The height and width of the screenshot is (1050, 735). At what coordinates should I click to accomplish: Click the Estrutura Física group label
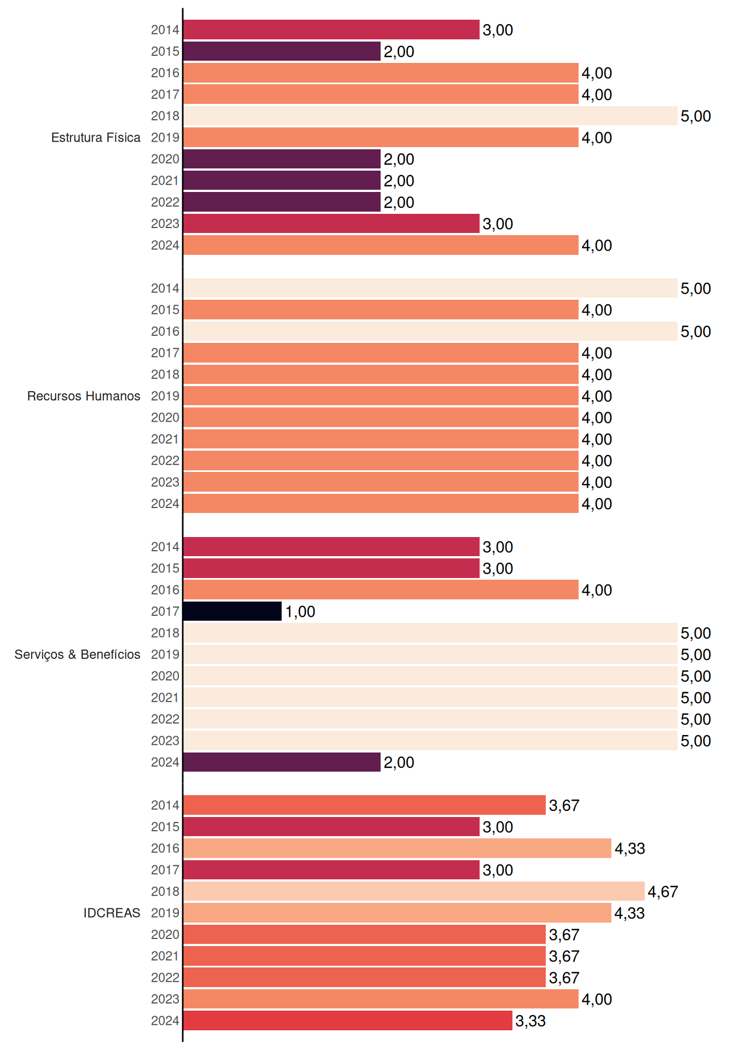click(96, 137)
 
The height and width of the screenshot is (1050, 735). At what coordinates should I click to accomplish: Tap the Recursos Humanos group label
click(84, 396)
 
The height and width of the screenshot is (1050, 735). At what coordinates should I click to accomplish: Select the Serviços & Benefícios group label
click(77, 655)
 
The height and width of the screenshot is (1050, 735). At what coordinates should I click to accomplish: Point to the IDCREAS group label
click(112, 913)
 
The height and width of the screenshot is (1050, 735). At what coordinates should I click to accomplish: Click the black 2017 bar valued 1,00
click(232, 611)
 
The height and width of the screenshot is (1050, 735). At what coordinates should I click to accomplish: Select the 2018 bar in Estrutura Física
click(430, 116)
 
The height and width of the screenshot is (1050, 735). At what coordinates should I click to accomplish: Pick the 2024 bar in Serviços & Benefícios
click(282, 762)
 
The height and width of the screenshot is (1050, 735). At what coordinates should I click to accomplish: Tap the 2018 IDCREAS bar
click(414, 891)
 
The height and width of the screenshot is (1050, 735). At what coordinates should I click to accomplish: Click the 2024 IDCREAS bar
click(348, 1020)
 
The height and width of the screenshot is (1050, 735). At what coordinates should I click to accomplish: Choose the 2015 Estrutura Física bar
click(282, 51)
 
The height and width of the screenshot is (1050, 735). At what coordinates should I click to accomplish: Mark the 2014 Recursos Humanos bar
click(430, 288)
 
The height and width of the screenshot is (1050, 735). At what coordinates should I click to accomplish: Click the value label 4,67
click(663, 892)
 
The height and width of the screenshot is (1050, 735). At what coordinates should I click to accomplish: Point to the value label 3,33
click(530, 1021)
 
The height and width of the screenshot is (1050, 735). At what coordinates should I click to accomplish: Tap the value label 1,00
click(300, 612)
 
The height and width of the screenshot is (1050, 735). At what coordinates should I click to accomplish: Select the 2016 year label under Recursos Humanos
click(165, 331)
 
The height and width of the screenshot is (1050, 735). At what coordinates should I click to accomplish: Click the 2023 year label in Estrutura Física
click(165, 224)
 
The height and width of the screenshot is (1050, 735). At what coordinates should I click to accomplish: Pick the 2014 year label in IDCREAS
click(165, 805)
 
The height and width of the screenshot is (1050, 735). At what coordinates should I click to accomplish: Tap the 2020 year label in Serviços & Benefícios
click(165, 676)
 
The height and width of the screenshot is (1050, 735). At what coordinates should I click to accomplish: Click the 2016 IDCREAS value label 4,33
click(630, 849)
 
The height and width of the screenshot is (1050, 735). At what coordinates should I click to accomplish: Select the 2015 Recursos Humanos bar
click(381, 310)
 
